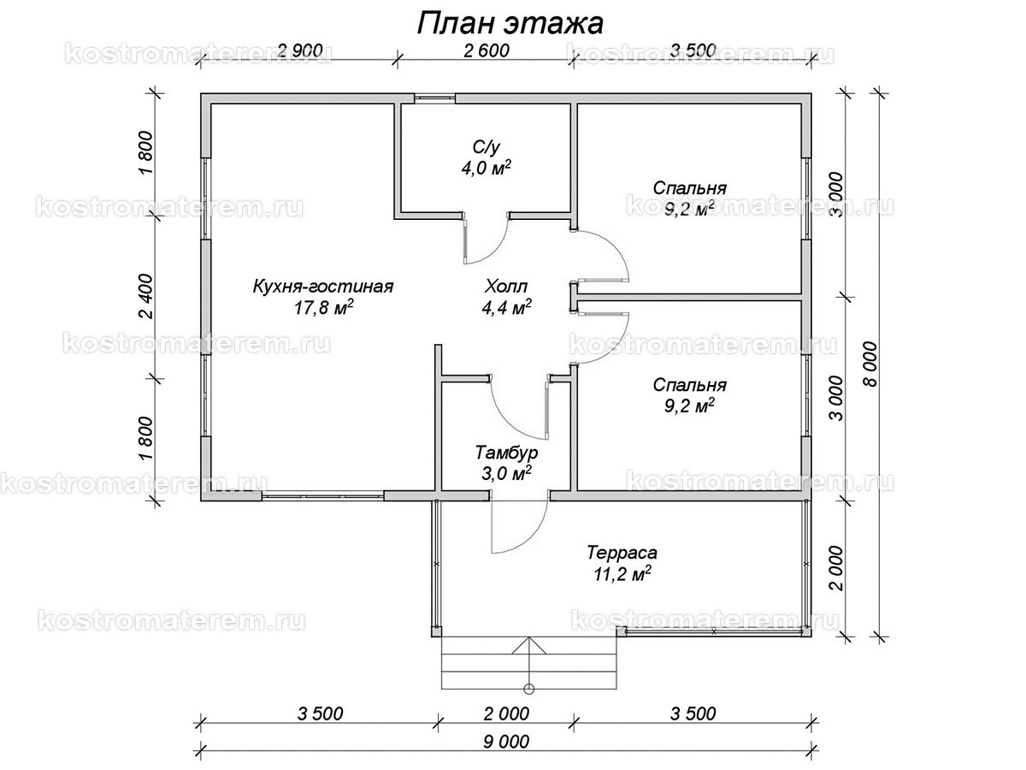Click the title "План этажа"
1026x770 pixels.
point(510,22)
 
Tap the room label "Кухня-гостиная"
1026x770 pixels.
point(323,286)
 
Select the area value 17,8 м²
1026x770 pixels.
point(323,308)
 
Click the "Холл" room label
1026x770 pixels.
point(506,286)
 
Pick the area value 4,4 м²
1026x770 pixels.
point(506,308)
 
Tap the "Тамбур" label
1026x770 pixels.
point(506,451)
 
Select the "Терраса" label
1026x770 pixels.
point(616,553)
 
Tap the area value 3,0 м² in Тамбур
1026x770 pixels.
point(506,472)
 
